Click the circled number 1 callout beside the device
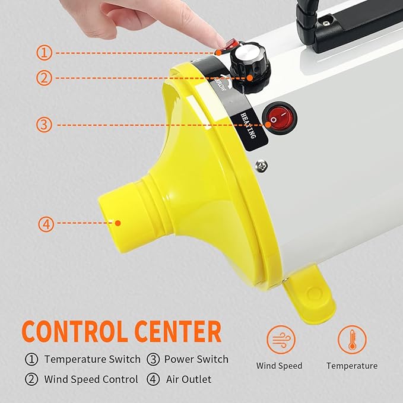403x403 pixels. coord(45,53)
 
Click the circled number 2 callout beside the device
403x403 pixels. coord(45,77)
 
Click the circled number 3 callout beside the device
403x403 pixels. coord(45,125)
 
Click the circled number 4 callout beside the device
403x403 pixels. coord(46,224)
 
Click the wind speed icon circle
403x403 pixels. coord(280,339)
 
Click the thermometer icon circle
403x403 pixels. coord(352,339)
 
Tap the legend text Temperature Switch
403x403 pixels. coord(92,359)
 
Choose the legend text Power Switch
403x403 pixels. coord(196,359)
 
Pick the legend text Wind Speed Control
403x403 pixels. coord(91,379)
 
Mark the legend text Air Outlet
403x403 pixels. coord(188,379)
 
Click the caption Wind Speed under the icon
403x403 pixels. coord(280,366)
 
